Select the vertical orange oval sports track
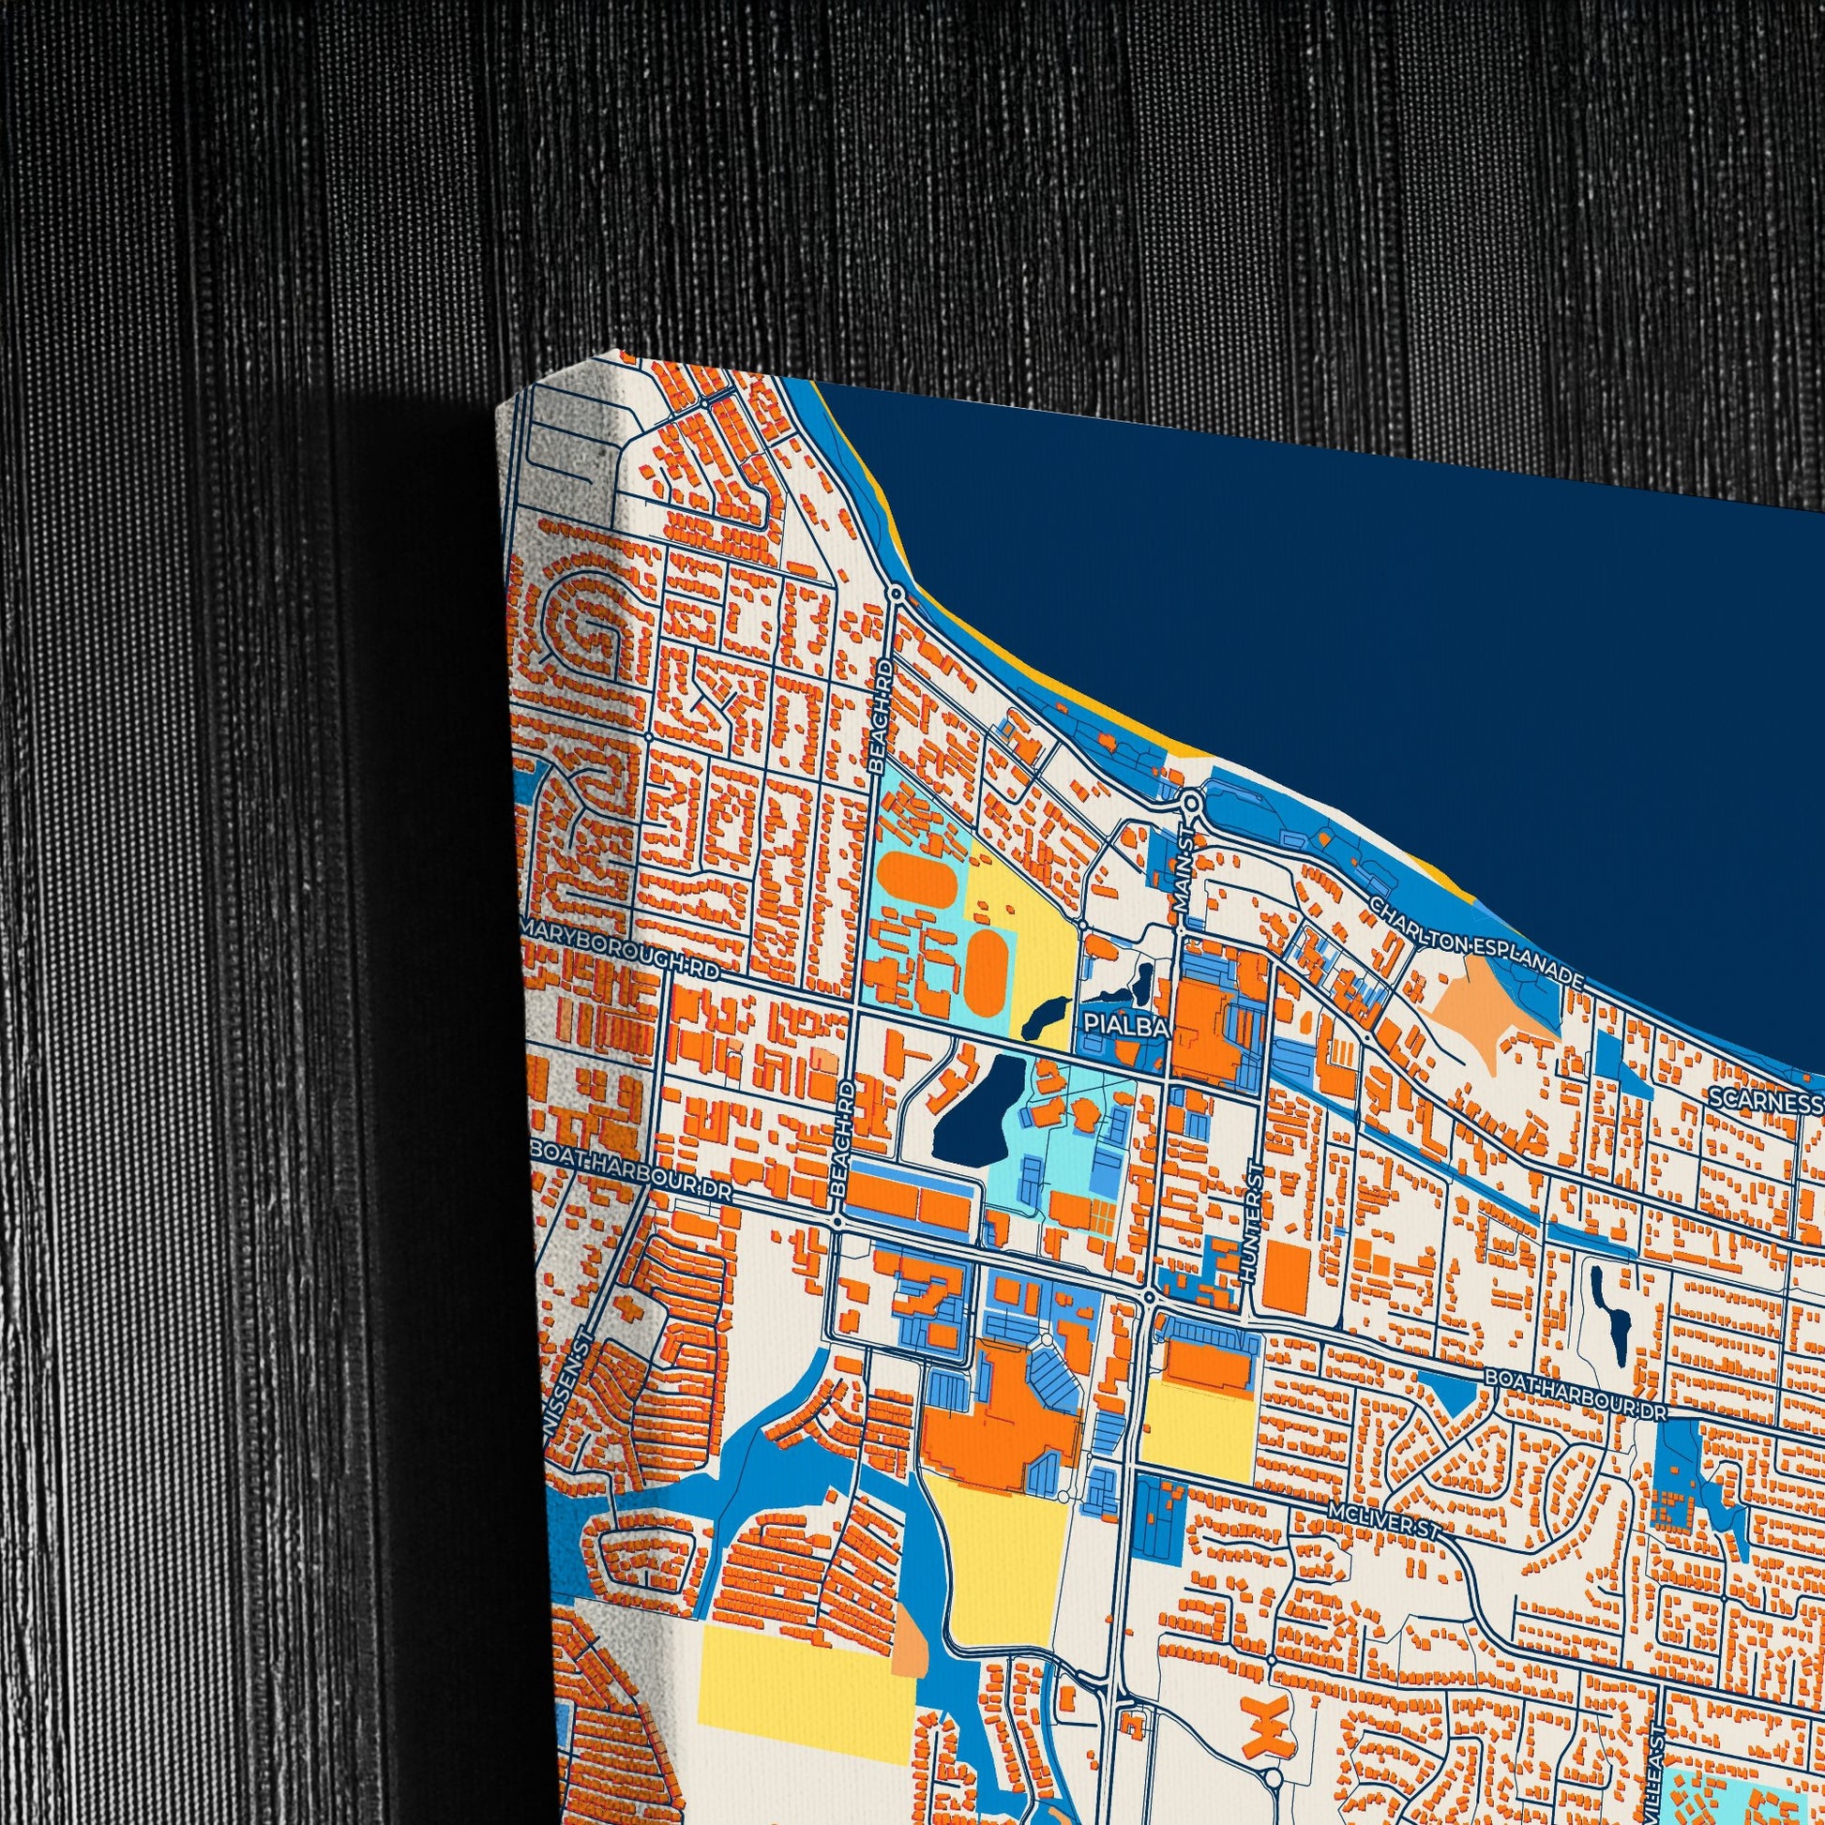(988, 962)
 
